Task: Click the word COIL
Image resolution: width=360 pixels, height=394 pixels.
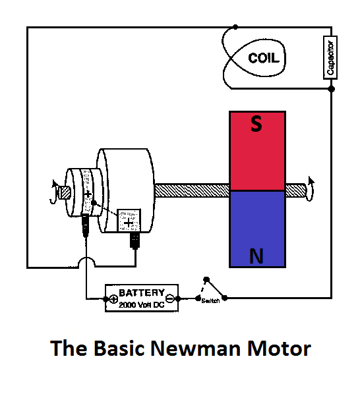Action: (x=264, y=59)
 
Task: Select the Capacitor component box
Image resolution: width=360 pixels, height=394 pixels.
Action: (x=331, y=57)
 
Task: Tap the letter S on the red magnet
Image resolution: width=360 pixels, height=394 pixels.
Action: (x=256, y=125)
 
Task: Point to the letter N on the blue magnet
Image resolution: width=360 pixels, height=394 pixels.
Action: (x=256, y=256)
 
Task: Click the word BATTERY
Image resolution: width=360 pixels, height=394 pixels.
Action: (x=142, y=292)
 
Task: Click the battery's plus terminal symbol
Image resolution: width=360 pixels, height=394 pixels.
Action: (x=113, y=299)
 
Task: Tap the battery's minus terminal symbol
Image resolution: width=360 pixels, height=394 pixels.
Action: (x=170, y=298)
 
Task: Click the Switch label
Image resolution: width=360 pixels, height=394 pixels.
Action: (x=210, y=301)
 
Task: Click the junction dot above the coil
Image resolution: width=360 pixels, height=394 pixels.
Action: (x=235, y=27)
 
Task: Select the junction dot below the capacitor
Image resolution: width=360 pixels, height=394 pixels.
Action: (x=331, y=88)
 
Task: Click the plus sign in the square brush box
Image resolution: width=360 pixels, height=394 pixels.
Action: (x=129, y=221)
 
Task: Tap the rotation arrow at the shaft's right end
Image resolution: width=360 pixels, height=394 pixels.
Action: (x=311, y=185)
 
